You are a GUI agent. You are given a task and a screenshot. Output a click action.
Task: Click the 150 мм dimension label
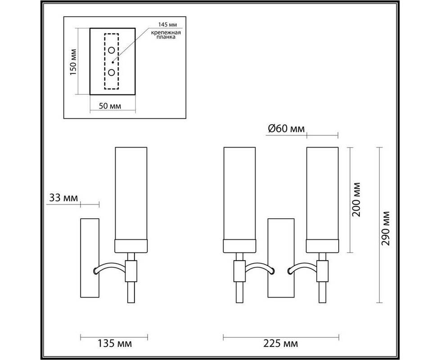(73, 62)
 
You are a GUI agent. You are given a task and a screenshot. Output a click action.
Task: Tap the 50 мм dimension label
(110, 106)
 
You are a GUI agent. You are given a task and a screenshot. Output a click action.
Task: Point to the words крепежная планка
(166, 35)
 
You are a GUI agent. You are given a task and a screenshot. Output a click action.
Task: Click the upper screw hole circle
(112, 50)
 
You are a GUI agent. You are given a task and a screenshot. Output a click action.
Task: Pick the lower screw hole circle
(112, 72)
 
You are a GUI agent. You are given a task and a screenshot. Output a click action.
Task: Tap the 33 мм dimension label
(63, 198)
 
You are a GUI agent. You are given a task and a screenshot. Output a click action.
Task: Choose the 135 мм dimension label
(114, 343)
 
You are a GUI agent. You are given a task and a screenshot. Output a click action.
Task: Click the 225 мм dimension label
(281, 343)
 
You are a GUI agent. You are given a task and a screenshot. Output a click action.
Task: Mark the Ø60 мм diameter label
(286, 129)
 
